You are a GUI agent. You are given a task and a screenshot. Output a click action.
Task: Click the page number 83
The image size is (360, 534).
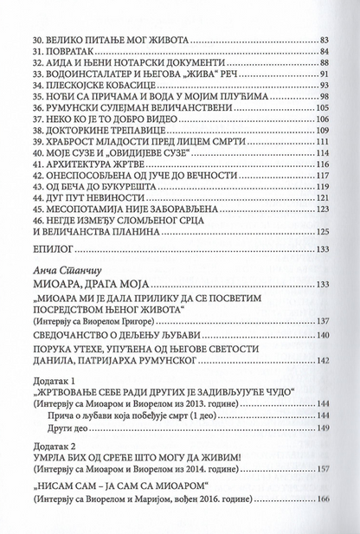coord(325,40)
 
